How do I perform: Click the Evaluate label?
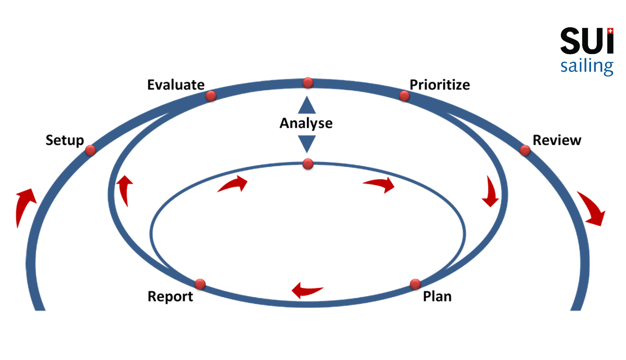pyautogui.click(x=176, y=85)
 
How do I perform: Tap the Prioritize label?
pyautogui.click(x=439, y=85)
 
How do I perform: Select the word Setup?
pyautogui.click(x=65, y=140)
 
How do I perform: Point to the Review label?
pyautogui.click(x=556, y=140)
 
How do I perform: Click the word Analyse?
pyautogui.click(x=306, y=123)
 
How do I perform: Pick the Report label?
pyautogui.click(x=170, y=297)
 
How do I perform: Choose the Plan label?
pyautogui.click(x=437, y=296)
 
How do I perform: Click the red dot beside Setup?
pyautogui.click(x=90, y=150)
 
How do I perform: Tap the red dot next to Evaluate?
pyautogui.click(x=211, y=96)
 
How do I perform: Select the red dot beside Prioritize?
pyautogui.click(x=404, y=96)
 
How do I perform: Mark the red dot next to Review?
pyautogui.click(x=525, y=150)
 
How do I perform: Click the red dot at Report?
pyautogui.click(x=200, y=284)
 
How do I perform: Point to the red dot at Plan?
pyautogui.click(x=415, y=284)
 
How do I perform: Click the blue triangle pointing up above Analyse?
pyautogui.click(x=307, y=106)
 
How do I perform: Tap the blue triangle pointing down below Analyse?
pyautogui.click(x=307, y=143)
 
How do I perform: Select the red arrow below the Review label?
pyautogui.click(x=592, y=208)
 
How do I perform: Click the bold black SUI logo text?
pyautogui.click(x=586, y=41)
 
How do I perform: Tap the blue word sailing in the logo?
pyautogui.click(x=586, y=66)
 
